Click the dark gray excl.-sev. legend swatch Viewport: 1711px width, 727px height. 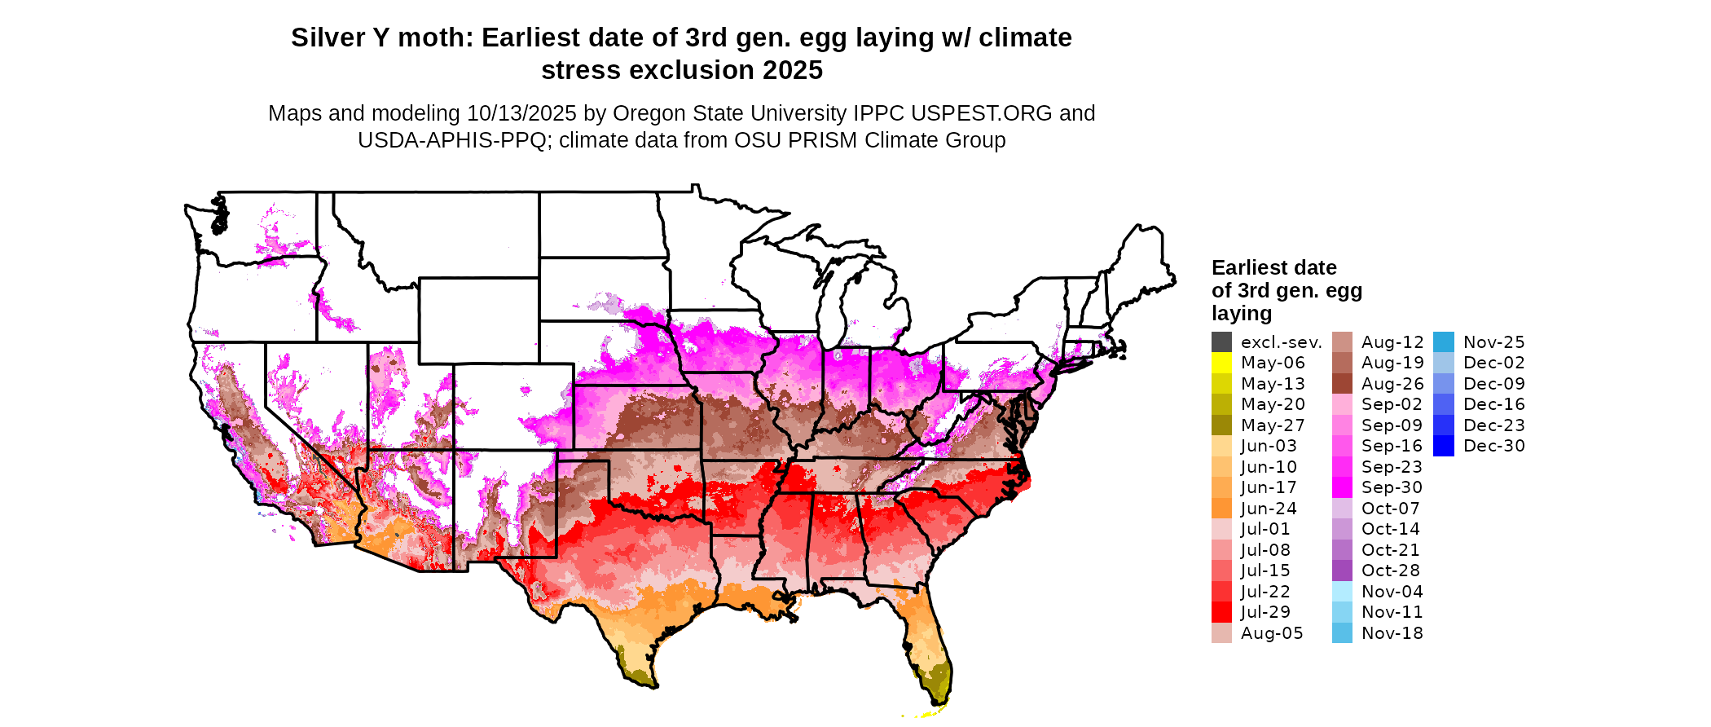[1221, 342]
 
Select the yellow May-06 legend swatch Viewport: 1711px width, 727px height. [1221, 363]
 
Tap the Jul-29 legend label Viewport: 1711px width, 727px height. [1265, 612]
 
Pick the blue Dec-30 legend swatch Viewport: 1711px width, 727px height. [1443, 446]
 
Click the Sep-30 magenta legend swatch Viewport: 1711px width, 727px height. [1342, 487]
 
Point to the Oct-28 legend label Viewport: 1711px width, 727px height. [1390, 571]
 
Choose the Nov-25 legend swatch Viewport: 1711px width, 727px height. [1443, 342]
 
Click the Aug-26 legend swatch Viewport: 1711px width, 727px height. [1342, 384]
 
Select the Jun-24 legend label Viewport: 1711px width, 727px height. [1269, 509]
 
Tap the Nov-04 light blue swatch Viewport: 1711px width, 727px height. [1342, 592]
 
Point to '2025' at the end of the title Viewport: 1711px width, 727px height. [793, 71]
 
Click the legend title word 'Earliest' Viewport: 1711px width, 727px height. [1251, 268]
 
